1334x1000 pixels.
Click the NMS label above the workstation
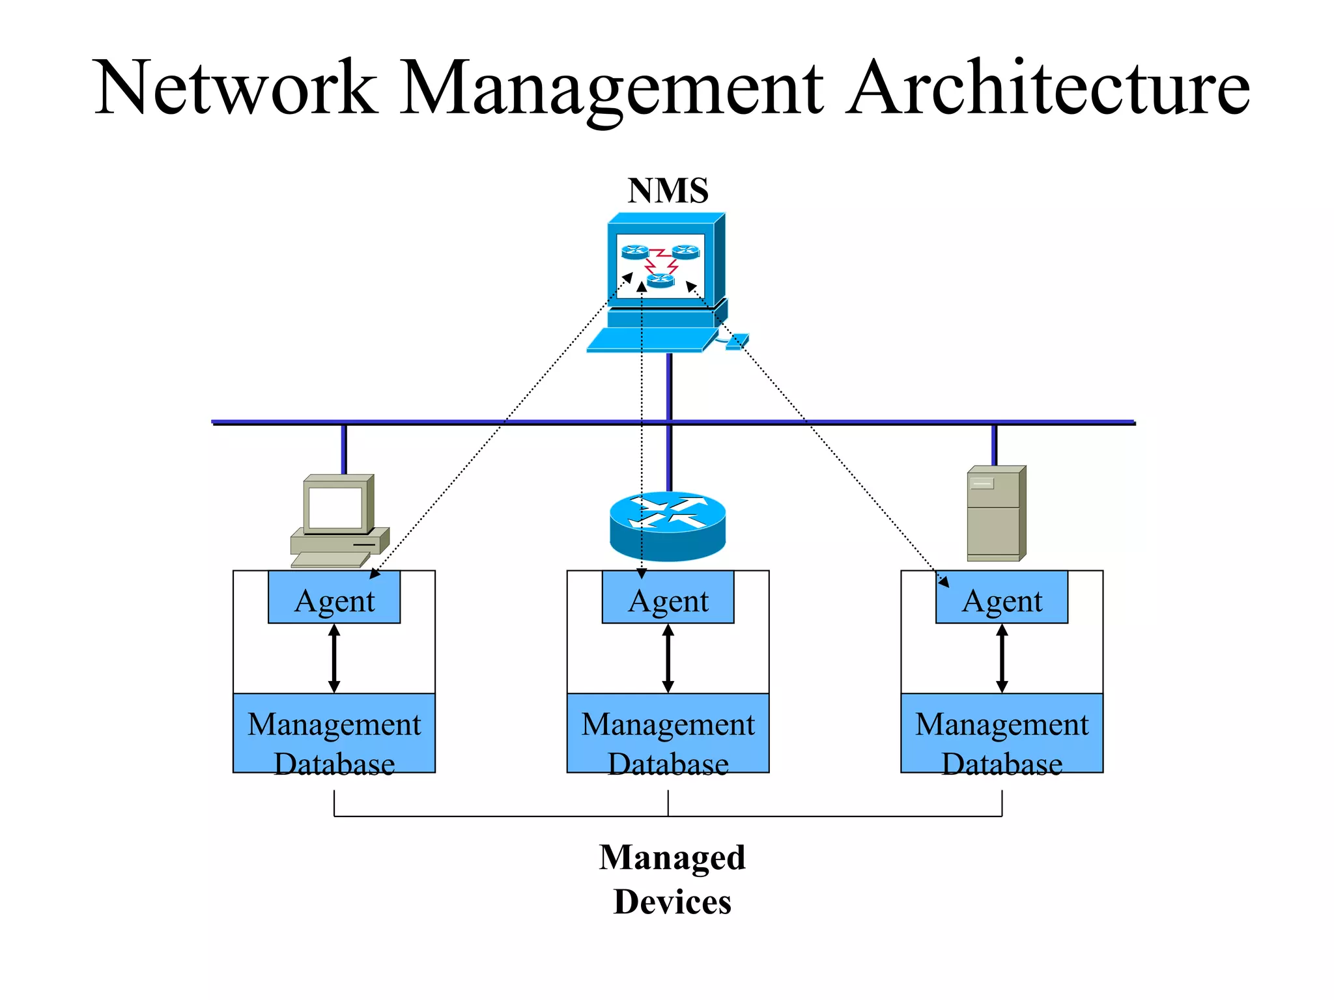[x=668, y=191]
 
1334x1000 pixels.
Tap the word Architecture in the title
[x=1047, y=88]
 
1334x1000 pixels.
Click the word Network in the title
[x=236, y=88]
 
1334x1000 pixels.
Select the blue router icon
[x=668, y=526]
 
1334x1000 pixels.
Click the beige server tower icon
[x=995, y=514]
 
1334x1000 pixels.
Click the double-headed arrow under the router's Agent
[x=668, y=658]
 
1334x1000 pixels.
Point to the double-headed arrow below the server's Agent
[x=1002, y=658]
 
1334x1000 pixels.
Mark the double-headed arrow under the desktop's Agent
[x=334, y=658]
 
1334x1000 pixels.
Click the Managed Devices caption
[x=672, y=879]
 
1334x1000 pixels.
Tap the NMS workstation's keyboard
[x=648, y=340]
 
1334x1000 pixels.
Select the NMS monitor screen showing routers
[x=660, y=266]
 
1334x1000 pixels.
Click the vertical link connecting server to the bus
[x=994, y=445]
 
